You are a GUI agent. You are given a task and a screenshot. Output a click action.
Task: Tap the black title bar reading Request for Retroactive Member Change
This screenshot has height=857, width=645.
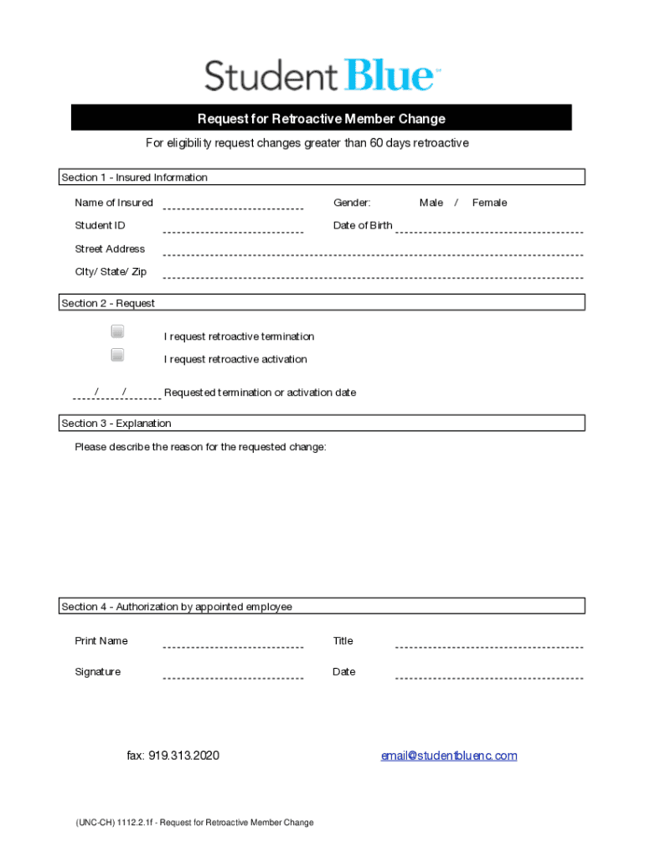tap(322, 119)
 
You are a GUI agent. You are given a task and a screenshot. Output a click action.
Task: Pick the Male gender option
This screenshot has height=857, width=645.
tap(431, 203)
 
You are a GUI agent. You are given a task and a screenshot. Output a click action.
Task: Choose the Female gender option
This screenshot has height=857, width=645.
tap(489, 203)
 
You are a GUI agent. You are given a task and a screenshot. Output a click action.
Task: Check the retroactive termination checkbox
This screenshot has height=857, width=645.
tap(117, 331)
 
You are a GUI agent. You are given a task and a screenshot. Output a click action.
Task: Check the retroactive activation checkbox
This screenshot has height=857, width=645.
tap(117, 355)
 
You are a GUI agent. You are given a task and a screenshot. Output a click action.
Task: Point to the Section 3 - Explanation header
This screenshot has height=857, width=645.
tap(116, 423)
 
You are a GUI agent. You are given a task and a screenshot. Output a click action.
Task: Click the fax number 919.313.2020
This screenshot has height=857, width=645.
tap(173, 756)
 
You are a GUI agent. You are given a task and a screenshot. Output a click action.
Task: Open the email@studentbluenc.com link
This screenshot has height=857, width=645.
tap(449, 756)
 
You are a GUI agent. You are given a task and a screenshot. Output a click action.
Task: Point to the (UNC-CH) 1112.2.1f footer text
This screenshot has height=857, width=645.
tap(194, 823)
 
